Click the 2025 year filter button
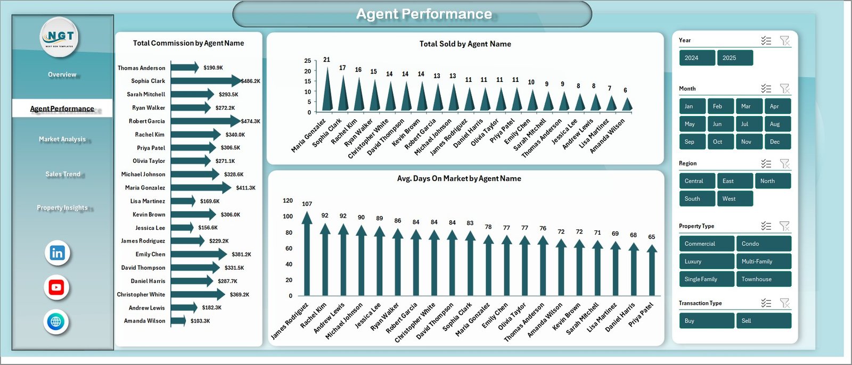pos(735,58)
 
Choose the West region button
pos(735,198)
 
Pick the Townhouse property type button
pos(764,279)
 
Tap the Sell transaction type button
pos(764,321)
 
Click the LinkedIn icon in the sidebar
pos(57,253)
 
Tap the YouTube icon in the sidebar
pos(56,287)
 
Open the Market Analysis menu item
pos(62,139)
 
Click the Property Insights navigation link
pos(62,208)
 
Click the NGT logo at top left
pos(60,37)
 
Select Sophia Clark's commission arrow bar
pos(205,81)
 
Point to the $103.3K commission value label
pos(200,321)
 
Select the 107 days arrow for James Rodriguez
pos(307,255)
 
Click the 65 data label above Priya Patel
pos(651,237)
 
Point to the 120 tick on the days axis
pos(288,201)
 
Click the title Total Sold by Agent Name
pos(465,44)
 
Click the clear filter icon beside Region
pos(784,163)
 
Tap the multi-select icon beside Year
pos(766,40)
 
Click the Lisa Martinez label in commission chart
pos(148,201)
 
